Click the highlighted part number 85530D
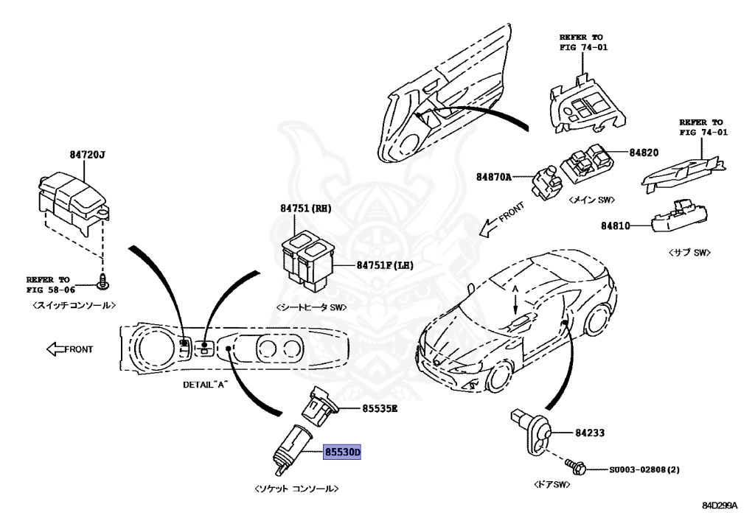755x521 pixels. pyautogui.click(x=342, y=452)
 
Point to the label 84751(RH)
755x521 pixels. pyautogui.click(x=305, y=209)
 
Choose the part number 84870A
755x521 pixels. pyautogui.click(x=493, y=177)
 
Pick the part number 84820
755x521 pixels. pyautogui.click(x=643, y=153)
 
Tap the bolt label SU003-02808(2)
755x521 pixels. pyautogui.click(x=644, y=469)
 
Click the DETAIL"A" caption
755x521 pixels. pyautogui.click(x=206, y=385)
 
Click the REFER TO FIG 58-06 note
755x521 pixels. pyautogui.click(x=49, y=284)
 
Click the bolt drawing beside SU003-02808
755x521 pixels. pyautogui.click(x=576, y=467)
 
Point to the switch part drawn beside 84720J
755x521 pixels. pyautogui.click(x=71, y=196)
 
